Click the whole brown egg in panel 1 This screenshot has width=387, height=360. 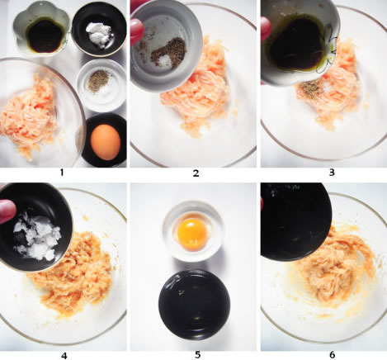coord(106,142)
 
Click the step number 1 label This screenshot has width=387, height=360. coord(62,173)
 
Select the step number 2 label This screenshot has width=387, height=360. coord(196,173)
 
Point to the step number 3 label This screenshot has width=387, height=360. coord(332,173)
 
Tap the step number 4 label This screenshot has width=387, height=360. coord(64,356)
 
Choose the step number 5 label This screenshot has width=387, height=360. coord(197,355)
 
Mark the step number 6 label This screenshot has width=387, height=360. coord(332,355)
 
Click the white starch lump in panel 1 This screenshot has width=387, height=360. coord(98,35)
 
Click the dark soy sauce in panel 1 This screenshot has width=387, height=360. coord(45,36)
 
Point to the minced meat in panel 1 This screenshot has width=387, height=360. coord(30,117)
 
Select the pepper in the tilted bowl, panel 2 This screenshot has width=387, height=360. coord(169,52)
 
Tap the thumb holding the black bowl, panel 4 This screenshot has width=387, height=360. coord(7,211)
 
